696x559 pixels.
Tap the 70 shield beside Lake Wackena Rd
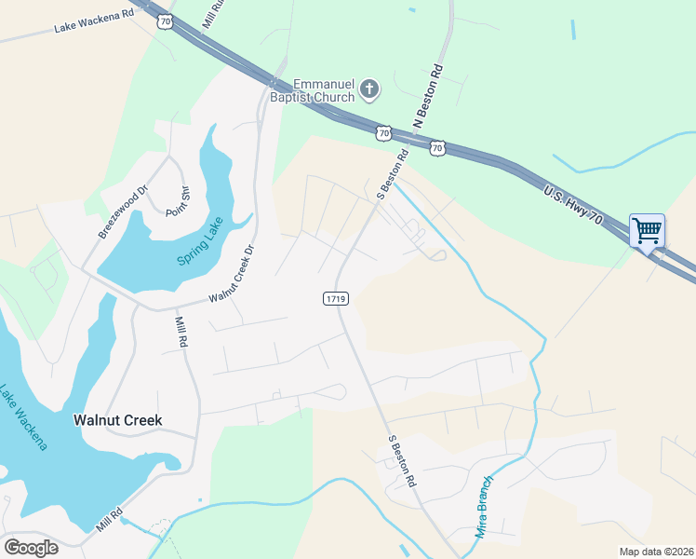click(165, 20)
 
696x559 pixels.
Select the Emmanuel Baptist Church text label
click(324, 90)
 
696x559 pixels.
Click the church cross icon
click(369, 90)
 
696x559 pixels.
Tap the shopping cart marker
click(647, 229)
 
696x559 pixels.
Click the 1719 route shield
click(336, 299)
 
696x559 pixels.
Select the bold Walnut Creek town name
click(117, 420)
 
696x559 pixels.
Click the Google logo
click(31, 548)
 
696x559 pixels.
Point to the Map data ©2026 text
click(656, 552)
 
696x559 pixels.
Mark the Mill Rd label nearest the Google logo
click(109, 520)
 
